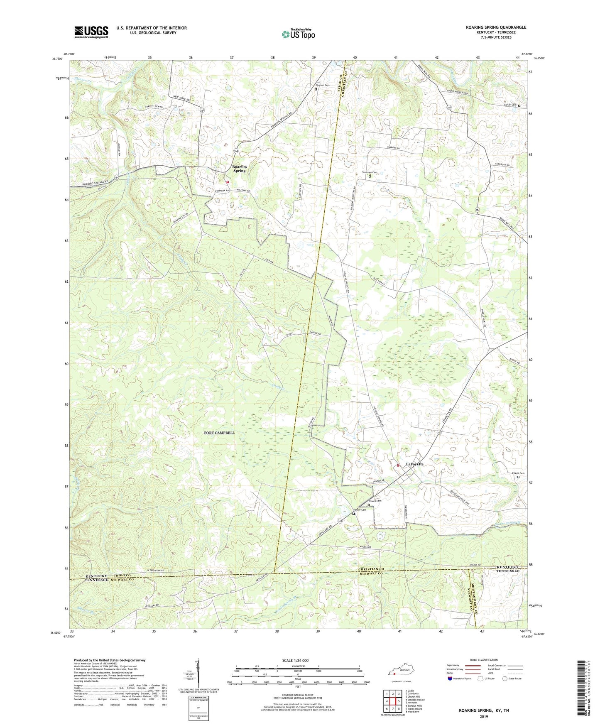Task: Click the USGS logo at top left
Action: click(91, 32)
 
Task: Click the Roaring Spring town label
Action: click(239, 169)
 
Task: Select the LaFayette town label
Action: click(414, 464)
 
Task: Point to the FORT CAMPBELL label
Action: click(219, 433)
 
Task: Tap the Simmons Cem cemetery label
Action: click(370, 172)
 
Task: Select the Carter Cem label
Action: click(509, 105)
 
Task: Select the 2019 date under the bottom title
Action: click(484, 717)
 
